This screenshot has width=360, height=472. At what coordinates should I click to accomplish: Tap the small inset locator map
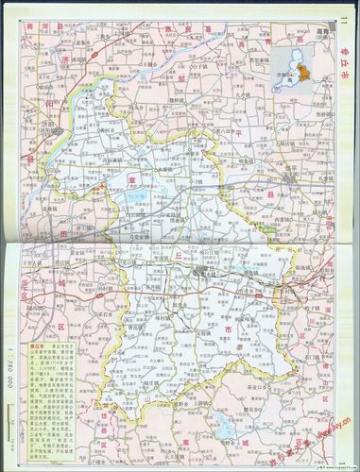(x=298, y=64)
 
